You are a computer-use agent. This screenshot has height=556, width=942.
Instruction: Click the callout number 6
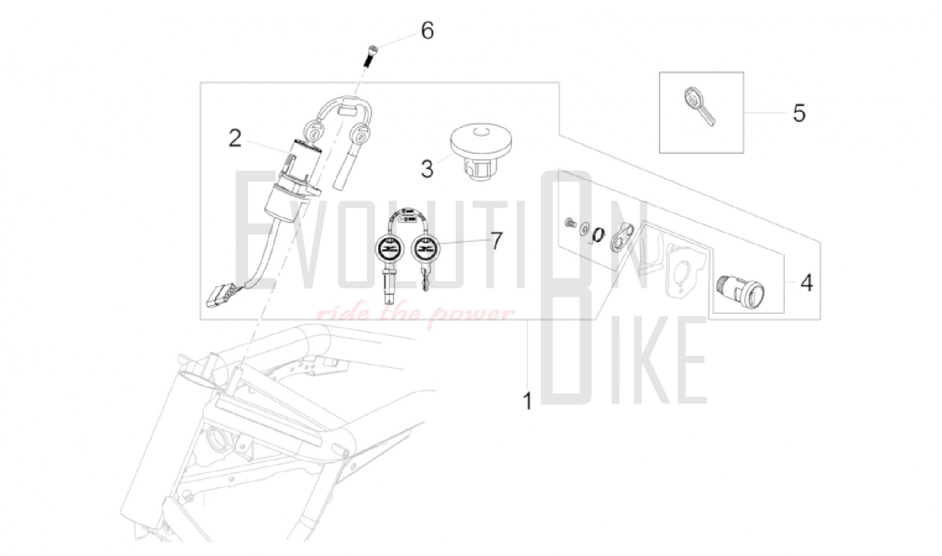pos(427,31)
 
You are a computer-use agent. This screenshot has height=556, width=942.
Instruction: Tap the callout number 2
pos(235,139)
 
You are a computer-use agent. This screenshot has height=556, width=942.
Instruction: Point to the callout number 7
pos(496,241)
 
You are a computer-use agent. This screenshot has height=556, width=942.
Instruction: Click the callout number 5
pos(799,113)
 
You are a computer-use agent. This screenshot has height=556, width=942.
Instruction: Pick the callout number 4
pos(807,283)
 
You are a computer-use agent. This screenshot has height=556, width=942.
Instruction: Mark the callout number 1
pos(527,401)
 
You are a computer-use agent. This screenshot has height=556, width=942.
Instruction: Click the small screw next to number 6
pos(372,56)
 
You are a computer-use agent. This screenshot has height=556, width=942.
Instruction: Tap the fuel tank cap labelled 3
pos(481,151)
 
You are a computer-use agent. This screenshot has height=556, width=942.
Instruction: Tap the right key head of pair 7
pos(425,248)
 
